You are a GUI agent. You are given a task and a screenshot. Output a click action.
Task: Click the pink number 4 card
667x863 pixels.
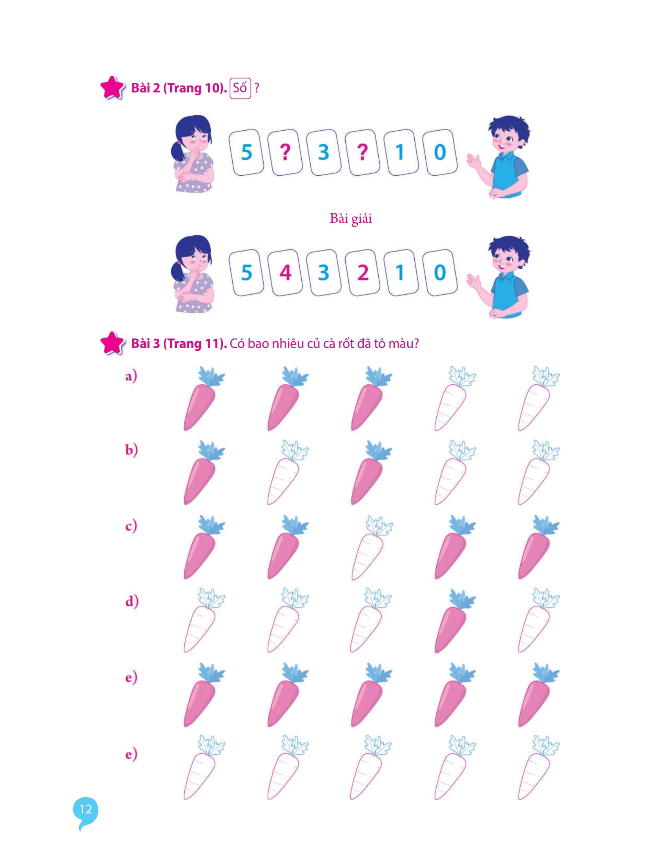point(285,273)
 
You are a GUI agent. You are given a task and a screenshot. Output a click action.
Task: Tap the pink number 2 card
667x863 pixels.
point(363,273)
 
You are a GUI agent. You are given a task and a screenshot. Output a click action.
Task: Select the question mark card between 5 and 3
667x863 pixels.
point(285,152)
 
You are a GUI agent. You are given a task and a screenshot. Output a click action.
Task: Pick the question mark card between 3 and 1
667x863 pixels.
point(363,152)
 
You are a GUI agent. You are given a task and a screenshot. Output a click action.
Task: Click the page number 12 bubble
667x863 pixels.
point(86,809)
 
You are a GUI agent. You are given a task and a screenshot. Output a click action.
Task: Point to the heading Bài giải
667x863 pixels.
point(350,218)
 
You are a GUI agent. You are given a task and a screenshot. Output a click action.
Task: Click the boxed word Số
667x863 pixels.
point(240,88)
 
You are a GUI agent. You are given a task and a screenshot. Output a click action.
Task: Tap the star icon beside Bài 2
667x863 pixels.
point(112,88)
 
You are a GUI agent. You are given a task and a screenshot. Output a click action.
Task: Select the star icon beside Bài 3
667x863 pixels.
point(112,343)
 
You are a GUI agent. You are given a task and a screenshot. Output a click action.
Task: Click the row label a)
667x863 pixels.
point(131,376)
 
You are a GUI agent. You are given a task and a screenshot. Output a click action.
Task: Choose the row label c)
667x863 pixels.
point(131,526)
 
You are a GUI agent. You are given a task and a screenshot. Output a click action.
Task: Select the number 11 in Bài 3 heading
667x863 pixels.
point(212,344)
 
